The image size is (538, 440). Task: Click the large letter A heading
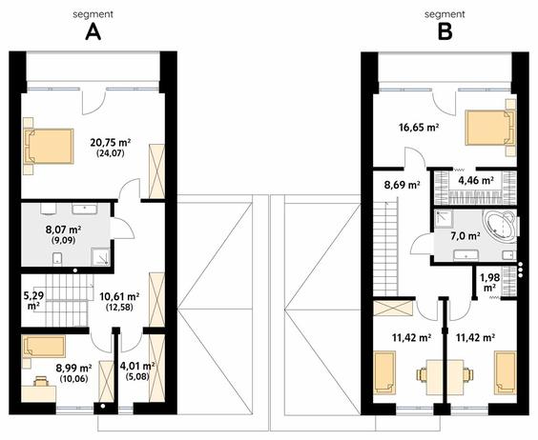coord(93,33)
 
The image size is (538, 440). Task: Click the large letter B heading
coord(445,33)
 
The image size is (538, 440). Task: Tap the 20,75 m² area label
coord(111,143)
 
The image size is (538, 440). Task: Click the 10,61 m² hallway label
coord(119,296)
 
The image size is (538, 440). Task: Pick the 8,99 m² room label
coord(73,369)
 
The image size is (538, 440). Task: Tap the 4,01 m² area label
coord(137,366)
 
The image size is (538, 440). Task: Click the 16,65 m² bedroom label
coord(419,128)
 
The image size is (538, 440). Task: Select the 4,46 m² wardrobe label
coord(476,180)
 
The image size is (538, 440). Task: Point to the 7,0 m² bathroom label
coord(465,236)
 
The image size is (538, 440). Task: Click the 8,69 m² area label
coord(403,186)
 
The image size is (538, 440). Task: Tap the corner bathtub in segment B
coord(499,227)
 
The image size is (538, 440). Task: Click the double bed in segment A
coord(49,146)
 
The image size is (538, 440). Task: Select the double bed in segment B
coord(490,128)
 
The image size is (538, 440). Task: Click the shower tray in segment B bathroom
coord(444,219)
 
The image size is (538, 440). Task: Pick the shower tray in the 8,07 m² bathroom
coord(100,257)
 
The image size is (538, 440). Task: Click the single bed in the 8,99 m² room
coord(44,347)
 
